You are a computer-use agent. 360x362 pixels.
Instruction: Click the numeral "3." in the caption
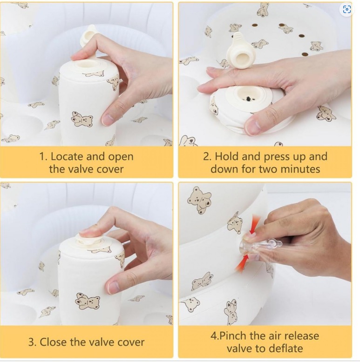pos(32,342)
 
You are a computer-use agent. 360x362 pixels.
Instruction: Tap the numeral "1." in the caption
pos(43,156)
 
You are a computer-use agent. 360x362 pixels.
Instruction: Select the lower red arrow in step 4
pos(242,263)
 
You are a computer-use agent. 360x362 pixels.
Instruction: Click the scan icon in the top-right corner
pos(347,9)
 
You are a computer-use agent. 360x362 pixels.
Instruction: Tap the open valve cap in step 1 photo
pos(88,35)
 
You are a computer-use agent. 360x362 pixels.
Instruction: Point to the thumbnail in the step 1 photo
pos(108,120)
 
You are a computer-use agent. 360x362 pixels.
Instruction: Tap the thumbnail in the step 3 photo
pos(114,287)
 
